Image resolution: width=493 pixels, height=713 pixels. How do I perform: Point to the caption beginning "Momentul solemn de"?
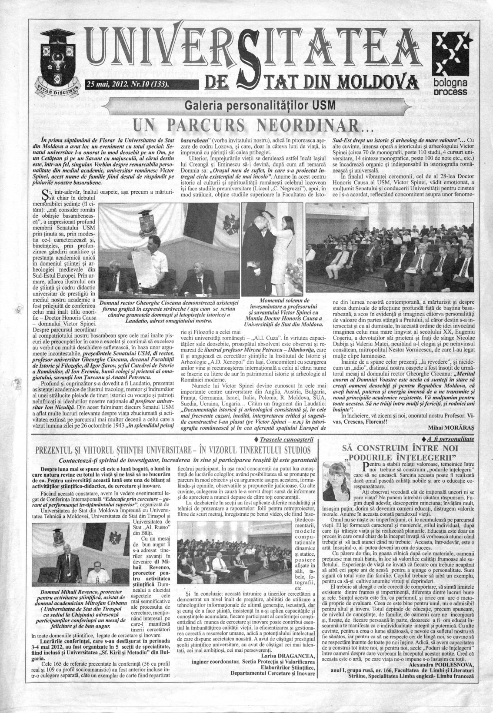click(x=283, y=300)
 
